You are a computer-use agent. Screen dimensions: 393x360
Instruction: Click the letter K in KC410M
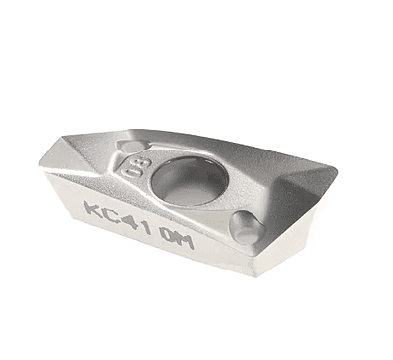point(92,210)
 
